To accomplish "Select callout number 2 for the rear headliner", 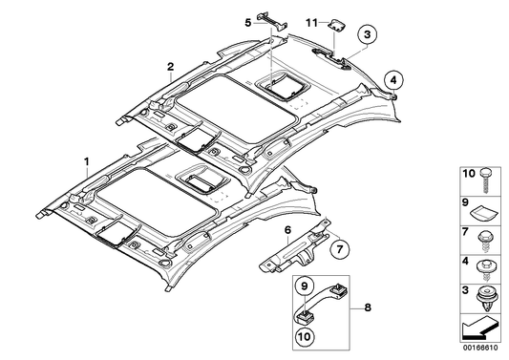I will tap(169, 66).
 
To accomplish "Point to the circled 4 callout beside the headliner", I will tap(395, 79).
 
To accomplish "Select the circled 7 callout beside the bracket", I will tap(335, 250).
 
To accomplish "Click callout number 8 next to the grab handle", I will tap(368, 309).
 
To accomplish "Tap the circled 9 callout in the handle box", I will tap(301, 285).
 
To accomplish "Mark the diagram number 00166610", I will tap(483, 353).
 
